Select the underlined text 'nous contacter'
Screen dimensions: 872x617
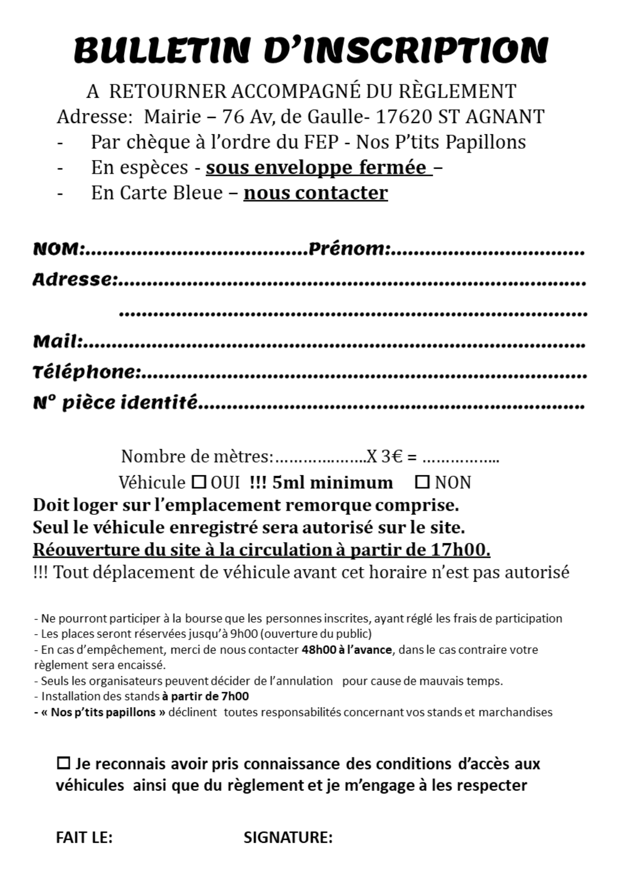(x=315, y=193)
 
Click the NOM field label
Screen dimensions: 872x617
(x=57, y=249)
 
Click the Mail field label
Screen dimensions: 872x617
(x=57, y=341)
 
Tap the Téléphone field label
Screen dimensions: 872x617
(x=86, y=372)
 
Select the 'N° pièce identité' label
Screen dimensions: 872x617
(x=115, y=402)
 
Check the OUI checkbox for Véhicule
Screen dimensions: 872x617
(x=199, y=482)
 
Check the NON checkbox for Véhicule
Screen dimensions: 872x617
(x=422, y=482)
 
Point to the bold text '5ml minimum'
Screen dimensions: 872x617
(x=332, y=483)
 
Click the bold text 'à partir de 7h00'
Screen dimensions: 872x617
(x=205, y=696)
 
